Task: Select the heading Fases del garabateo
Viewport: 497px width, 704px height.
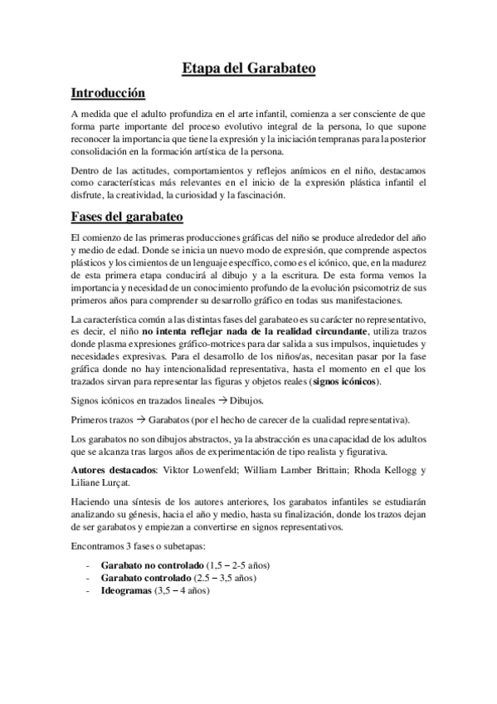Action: pos(126,217)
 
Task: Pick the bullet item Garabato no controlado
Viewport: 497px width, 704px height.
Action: pos(145,565)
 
